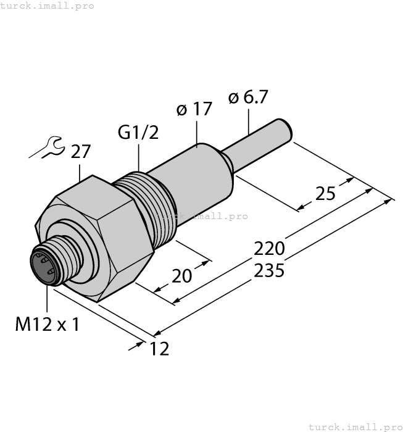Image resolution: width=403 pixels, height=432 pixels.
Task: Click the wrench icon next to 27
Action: (x=46, y=149)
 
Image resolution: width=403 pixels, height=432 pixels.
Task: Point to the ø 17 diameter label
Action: (x=194, y=110)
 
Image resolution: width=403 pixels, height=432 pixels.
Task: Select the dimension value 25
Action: (x=325, y=194)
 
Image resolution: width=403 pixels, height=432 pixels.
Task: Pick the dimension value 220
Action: (x=270, y=249)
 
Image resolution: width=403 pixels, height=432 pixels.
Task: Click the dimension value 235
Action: (x=270, y=270)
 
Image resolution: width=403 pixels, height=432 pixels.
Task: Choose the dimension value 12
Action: (x=159, y=349)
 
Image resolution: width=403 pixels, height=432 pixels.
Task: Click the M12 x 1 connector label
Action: (x=47, y=325)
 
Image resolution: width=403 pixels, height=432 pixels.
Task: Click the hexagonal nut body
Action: (x=99, y=241)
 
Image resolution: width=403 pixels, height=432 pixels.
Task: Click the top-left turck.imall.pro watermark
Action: (x=47, y=6)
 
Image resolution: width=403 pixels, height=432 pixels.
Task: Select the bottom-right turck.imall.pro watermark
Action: (x=354, y=426)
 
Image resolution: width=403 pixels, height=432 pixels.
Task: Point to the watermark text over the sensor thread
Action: (x=201, y=216)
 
